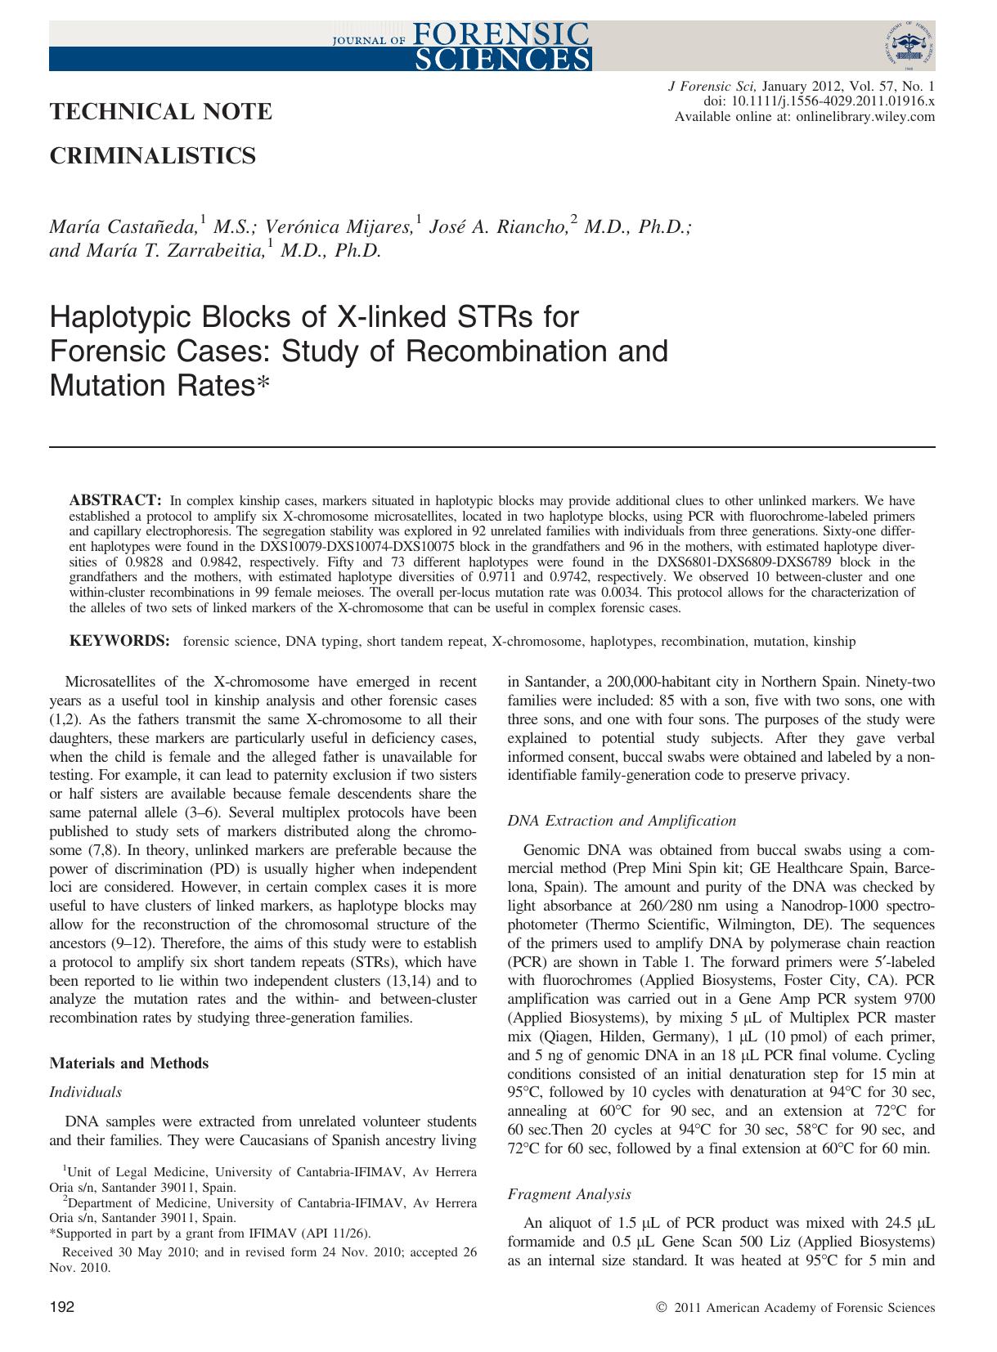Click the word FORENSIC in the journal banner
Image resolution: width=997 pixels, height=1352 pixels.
[501, 34]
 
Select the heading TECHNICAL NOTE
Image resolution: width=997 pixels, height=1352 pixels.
[160, 112]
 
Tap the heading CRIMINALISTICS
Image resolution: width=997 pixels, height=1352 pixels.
[152, 155]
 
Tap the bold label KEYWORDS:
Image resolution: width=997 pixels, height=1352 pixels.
[119, 641]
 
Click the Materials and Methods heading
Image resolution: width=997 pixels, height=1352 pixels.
[128, 1063]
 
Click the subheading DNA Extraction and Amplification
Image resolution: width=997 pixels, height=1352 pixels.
[622, 821]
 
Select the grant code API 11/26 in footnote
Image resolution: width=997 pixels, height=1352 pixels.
[337, 1233]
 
